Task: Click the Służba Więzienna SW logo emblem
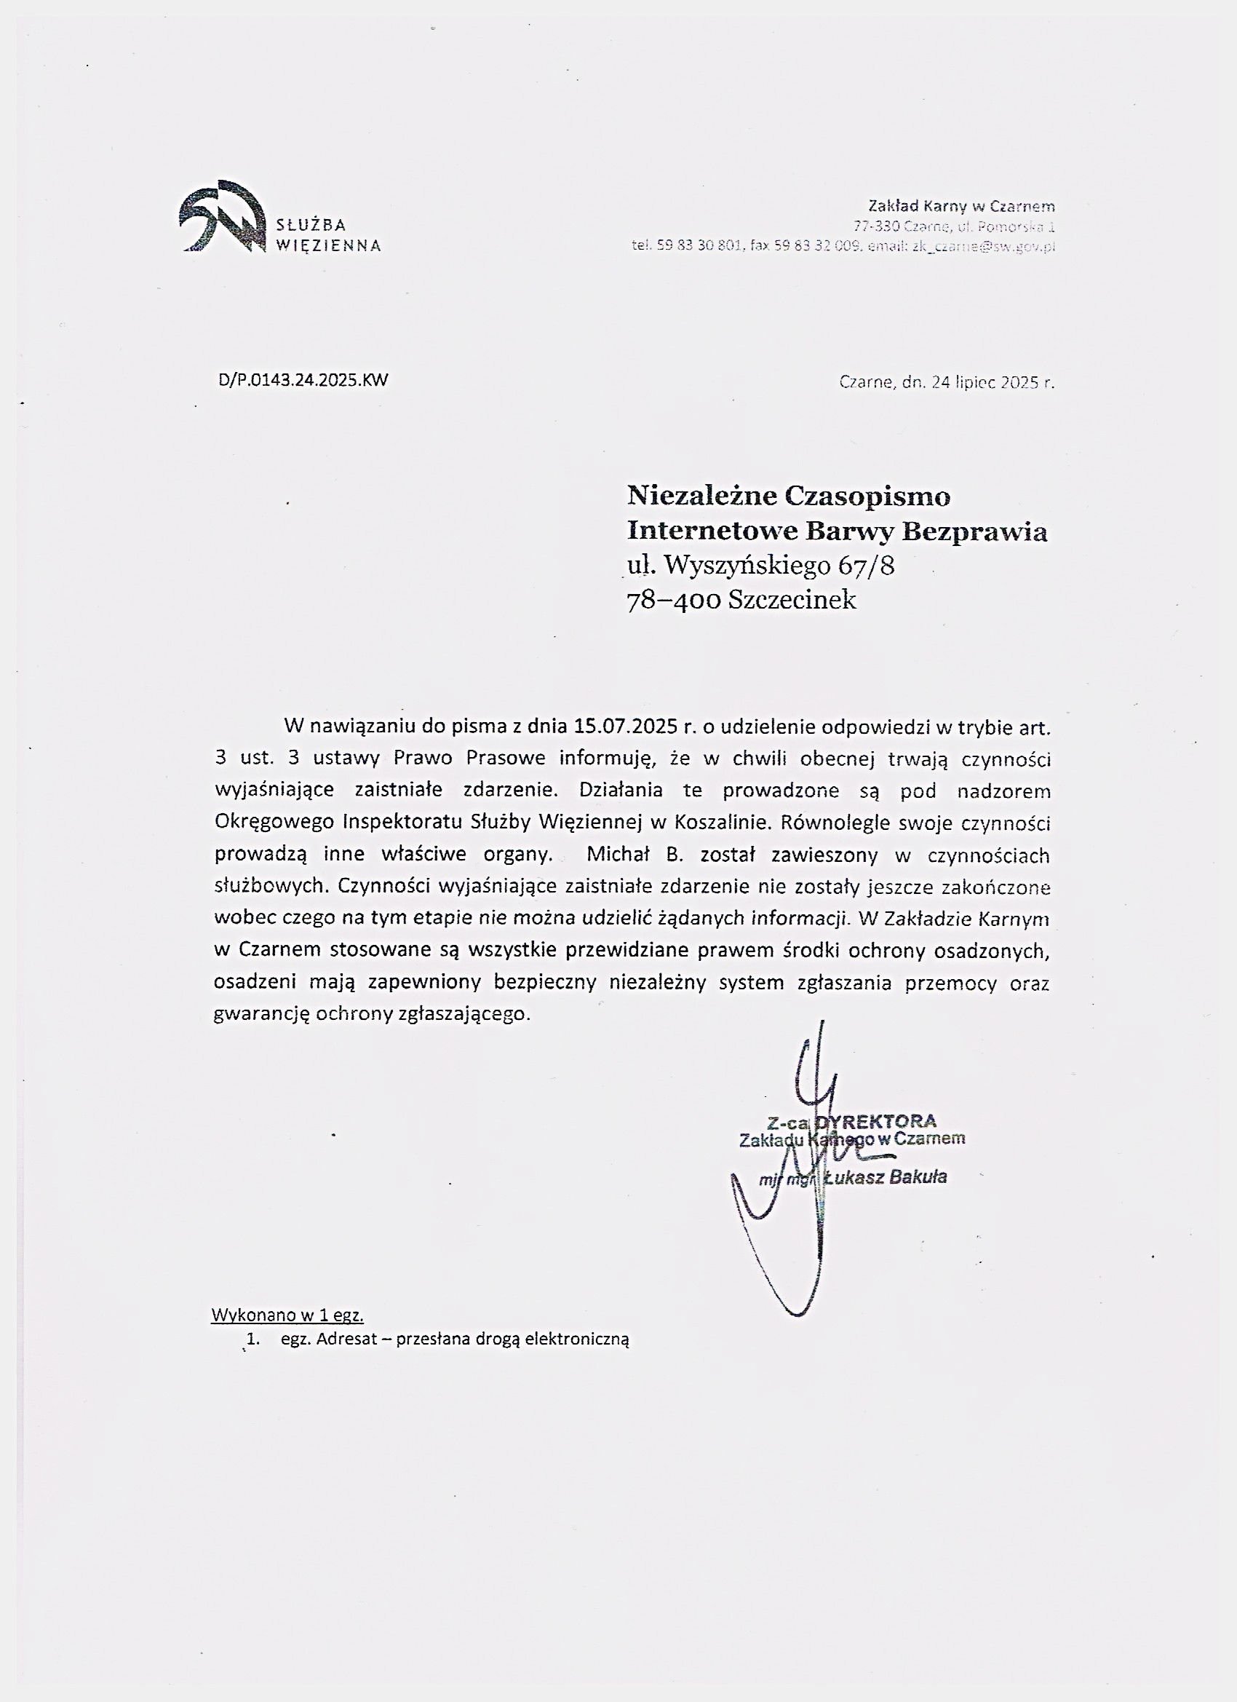[x=222, y=216]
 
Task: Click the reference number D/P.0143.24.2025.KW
[x=303, y=380]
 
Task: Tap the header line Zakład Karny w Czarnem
[x=961, y=205]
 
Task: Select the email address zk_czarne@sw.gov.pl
[x=984, y=246]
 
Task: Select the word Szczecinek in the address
[x=792, y=601]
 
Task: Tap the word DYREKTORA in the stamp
[x=876, y=1122]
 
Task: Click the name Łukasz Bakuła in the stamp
[x=885, y=1176]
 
